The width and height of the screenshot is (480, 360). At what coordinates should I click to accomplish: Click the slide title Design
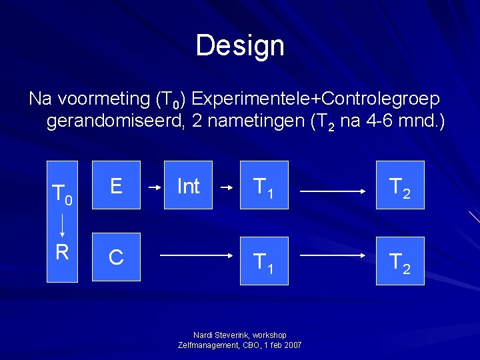(240, 45)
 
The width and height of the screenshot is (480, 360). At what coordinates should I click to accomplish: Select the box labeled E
(116, 185)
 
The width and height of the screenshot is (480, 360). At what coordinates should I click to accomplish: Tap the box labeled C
(116, 257)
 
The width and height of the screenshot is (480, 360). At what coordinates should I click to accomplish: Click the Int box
(188, 185)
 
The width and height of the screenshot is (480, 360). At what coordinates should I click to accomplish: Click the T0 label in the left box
(62, 193)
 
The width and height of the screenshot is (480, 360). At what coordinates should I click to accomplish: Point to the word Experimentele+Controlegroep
(315, 99)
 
